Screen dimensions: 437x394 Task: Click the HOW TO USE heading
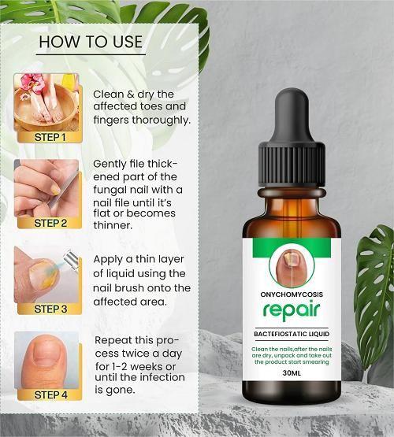coord(91,42)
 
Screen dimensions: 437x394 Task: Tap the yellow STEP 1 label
coord(50,137)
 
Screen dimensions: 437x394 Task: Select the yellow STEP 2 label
coord(50,223)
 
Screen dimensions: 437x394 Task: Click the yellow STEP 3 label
coord(50,309)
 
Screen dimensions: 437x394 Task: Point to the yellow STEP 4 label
coord(50,394)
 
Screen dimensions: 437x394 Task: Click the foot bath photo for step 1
coord(46,101)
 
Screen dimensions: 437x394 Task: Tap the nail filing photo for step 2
coord(46,187)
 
